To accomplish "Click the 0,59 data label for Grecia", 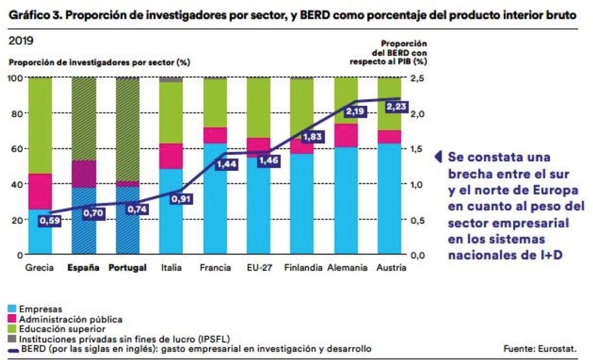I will (50, 221).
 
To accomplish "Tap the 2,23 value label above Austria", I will (396, 107).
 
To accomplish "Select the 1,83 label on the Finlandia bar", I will (312, 137).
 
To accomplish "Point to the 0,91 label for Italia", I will (181, 199).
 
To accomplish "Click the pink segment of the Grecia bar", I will (40, 191).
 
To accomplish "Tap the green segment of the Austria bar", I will (389, 104).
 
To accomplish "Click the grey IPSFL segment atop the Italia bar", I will (171, 80).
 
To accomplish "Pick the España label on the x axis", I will (83, 268).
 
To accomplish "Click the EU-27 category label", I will (259, 268).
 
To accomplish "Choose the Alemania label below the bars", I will (347, 268).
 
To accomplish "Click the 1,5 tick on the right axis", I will (417, 149).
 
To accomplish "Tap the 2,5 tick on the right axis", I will (417, 78).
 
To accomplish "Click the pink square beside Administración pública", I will (12, 319).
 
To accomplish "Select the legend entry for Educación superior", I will (62, 329).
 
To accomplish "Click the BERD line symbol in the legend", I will (13, 350).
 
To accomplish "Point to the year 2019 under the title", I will (21, 41).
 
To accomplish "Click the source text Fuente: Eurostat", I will (540, 349).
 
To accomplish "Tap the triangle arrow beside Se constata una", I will (438, 157).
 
